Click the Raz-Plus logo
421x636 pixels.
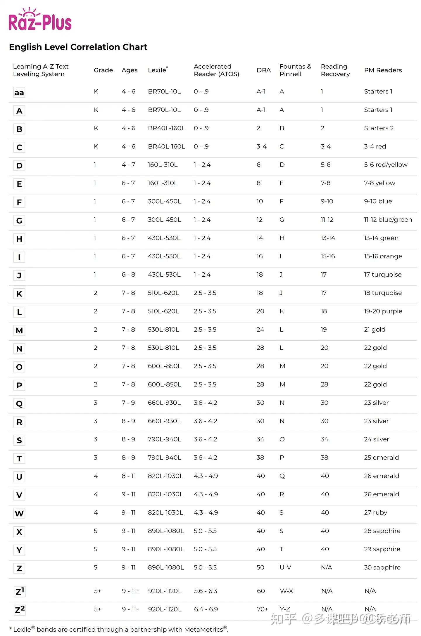point(40,20)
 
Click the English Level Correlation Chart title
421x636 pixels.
point(78,47)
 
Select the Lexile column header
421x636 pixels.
point(158,70)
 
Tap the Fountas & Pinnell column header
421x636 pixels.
point(295,70)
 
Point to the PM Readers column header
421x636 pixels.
point(383,70)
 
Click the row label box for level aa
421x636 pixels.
point(19,93)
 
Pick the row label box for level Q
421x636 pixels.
point(19,403)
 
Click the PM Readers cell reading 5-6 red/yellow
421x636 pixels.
point(385,165)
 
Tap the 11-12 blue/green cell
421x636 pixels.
point(388,220)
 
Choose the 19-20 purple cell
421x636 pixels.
point(383,311)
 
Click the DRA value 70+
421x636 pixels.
point(262,609)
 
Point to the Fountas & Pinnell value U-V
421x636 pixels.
point(285,567)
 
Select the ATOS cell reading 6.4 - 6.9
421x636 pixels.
point(206,609)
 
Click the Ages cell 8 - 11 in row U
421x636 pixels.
point(129,476)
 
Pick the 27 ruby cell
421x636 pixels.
point(375,512)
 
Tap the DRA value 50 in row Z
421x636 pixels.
point(260,567)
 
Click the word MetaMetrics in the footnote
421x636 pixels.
point(203,629)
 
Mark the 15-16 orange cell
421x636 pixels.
point(383,256)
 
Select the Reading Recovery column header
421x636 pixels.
point(335,70)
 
